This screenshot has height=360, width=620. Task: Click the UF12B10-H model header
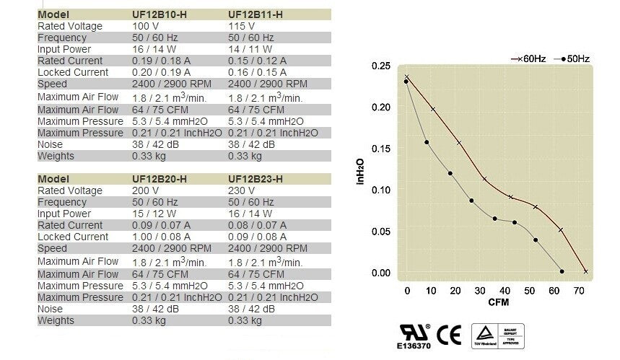(x=160, y=14)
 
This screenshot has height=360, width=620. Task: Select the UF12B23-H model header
(x=255, y=179)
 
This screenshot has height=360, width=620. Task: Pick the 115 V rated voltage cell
(x=240, y=26)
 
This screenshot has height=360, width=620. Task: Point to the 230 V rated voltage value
(x=240, y=190)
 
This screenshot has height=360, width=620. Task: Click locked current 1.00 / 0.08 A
(x=161, y=237)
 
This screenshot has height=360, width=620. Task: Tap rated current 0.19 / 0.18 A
(x=161, y=61)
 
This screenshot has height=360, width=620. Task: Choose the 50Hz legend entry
(x=575, y=58)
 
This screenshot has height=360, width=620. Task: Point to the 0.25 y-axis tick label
(x=380, y=66)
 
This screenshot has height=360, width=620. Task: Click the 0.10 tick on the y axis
(x=380, y=190)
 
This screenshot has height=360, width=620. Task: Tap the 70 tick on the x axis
(x=579, y=291)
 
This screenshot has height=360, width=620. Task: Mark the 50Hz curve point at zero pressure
(x=562, y=271)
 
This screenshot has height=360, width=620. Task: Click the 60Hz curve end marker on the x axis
(x=585, y=271)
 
